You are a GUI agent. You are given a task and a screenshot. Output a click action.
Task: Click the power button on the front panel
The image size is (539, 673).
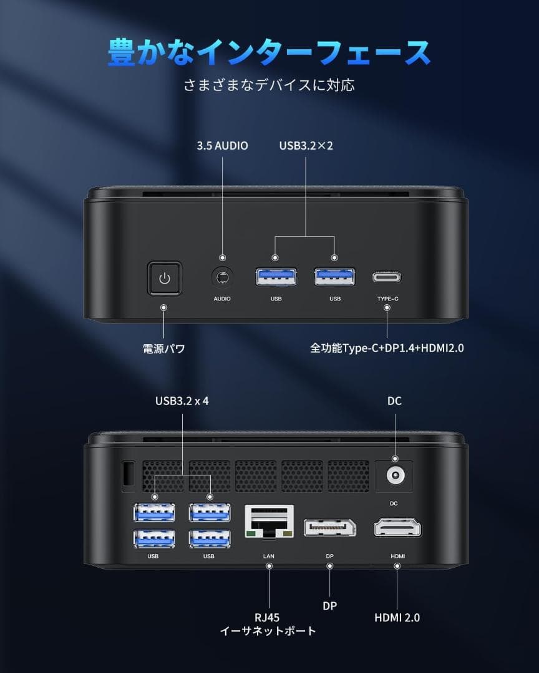coord(164,279)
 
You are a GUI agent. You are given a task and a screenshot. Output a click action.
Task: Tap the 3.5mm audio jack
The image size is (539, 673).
coord(222,278)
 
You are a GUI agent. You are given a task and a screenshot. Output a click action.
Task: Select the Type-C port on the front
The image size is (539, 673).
coord(387,277)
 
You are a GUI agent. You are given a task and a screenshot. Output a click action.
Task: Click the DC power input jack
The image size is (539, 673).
coord(395,475)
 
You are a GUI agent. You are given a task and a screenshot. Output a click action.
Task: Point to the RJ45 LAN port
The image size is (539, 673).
coord(269,521)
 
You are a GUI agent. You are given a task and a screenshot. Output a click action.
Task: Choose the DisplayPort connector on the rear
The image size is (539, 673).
coord(329,528)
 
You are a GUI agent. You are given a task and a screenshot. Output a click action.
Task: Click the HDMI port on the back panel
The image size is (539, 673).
coord(397,528)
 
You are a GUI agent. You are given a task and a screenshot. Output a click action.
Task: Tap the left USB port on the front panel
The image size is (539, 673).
coord(276,277)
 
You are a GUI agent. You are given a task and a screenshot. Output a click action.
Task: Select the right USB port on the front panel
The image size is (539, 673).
coord(335,277)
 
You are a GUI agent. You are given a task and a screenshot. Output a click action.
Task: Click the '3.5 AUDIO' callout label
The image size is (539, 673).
coord(222,146)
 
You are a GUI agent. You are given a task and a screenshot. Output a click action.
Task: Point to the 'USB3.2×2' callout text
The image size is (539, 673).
coord(306,146)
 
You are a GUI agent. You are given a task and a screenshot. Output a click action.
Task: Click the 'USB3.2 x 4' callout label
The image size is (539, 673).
coord(182,401)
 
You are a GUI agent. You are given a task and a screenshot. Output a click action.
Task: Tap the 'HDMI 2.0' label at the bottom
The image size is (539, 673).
coord(397,618)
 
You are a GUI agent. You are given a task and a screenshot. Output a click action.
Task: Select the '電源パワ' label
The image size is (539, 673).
coord(164,348)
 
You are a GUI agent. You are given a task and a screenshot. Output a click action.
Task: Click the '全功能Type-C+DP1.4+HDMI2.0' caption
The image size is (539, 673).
coord(387,348)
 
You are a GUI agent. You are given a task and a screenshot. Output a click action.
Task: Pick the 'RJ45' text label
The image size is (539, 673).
coord(267,618)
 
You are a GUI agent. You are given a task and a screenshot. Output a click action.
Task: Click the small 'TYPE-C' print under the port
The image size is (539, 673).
coord(387,298)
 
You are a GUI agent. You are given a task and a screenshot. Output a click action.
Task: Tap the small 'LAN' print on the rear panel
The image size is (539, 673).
coord(269,556)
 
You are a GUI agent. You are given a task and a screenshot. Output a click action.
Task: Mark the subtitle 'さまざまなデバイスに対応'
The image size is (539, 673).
coord(269,85)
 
